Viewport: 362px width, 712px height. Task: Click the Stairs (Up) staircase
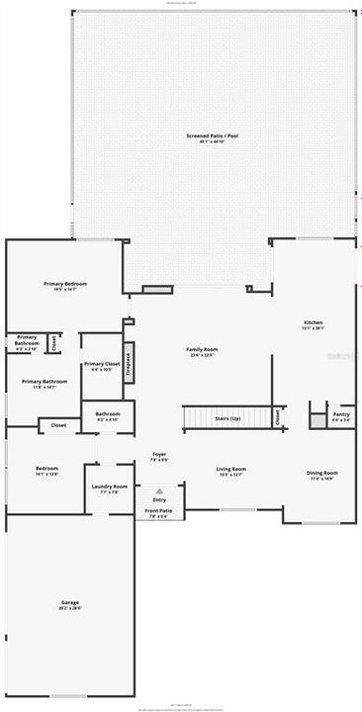[x=226, y=418]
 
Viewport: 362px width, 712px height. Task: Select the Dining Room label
[x=322, y=475]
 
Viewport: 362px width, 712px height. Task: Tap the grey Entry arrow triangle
[x=159, y=489]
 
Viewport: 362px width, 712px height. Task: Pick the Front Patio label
[x=158, y=513]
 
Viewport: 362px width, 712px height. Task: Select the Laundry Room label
[x=110, y=489]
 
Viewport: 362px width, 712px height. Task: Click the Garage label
[x=69, y=604]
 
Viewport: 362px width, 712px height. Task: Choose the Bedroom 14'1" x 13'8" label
[x=46, y=471]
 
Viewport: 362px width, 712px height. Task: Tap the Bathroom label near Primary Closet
[x=108, y=415]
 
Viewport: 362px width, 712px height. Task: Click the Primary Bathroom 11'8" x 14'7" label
[x=45, y=384]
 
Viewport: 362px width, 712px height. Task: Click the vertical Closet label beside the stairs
[x=277, y=417]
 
